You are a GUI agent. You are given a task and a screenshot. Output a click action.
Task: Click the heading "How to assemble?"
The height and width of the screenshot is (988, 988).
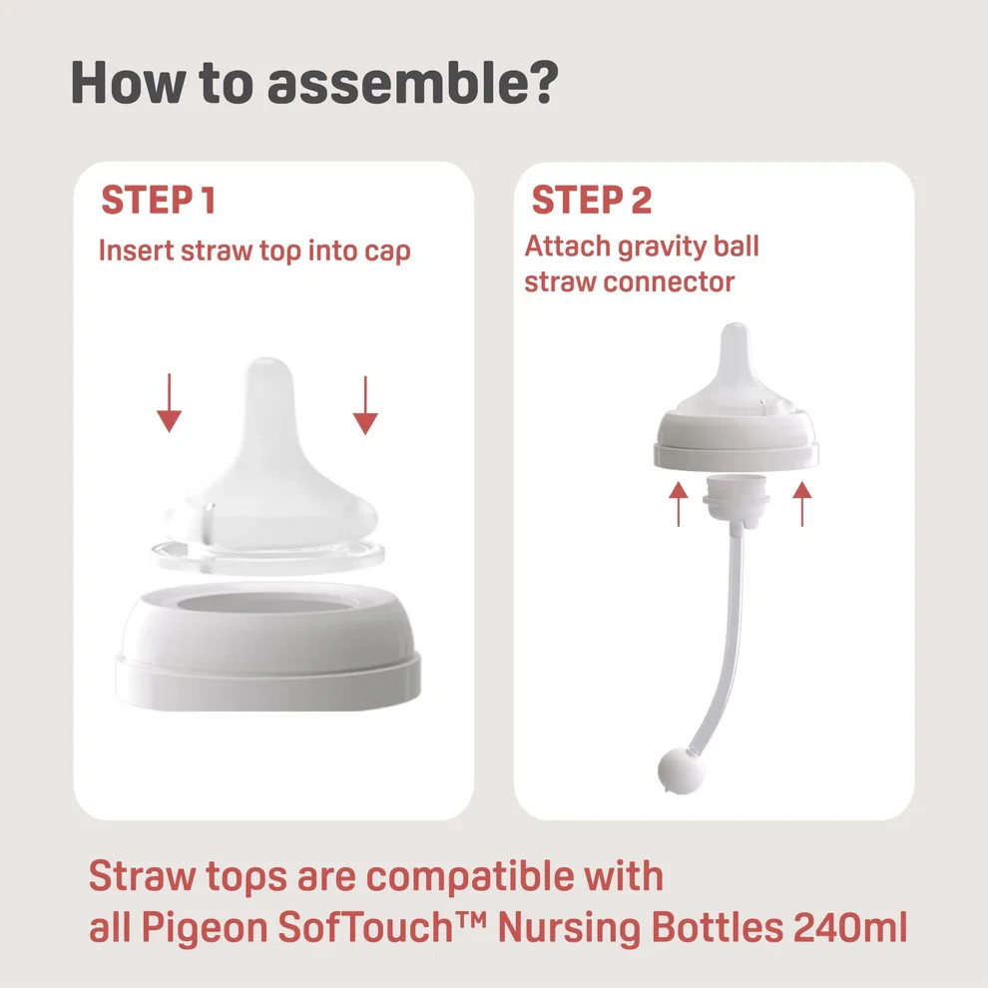point(314,83)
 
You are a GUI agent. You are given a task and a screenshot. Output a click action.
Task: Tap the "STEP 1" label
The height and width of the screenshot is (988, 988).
point(158,201)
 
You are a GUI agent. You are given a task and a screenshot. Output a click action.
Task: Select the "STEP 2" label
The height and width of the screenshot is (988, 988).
point(592,201)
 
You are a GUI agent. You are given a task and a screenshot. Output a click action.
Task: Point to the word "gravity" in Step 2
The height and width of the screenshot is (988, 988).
point(654,247)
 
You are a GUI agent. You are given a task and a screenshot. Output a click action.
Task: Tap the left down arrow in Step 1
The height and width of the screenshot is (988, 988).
point(169,402)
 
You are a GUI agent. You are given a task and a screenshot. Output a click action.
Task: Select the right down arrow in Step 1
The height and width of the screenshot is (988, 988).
point(365,405)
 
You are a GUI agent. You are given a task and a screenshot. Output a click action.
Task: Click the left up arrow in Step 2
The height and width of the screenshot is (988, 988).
point(679,504)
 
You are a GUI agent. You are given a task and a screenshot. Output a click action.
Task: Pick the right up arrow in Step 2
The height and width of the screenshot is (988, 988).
point(802,504)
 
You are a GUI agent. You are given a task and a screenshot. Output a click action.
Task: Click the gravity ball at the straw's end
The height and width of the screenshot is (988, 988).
point(682,771)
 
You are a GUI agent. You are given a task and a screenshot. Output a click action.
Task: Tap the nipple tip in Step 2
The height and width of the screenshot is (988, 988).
point(735,334)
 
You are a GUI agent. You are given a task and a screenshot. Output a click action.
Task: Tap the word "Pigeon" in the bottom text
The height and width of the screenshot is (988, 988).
point(205,929)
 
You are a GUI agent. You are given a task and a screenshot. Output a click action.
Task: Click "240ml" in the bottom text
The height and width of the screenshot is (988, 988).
point(850,927)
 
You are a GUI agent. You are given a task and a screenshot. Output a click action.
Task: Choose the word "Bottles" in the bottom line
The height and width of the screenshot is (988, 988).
point(718,927)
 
